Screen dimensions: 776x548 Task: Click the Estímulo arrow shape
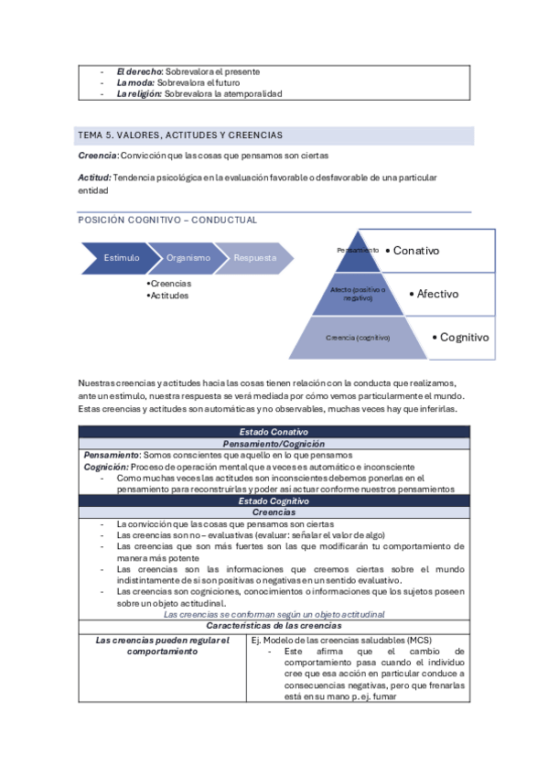[x=119, y=258]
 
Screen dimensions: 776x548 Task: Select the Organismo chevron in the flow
[x=188, y=258]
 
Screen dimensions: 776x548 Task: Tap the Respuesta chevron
[x=254, y=258]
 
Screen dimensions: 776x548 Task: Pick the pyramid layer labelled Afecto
[x=358, y=294]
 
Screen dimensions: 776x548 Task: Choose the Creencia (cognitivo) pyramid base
[x=358, y=337]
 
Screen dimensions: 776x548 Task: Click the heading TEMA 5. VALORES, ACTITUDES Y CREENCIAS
[x=180, y=135]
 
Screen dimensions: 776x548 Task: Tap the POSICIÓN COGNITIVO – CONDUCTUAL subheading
[x=167, y=221]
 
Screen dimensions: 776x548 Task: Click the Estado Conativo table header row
[x=274, y=431]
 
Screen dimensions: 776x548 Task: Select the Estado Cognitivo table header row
[x=274, y=501]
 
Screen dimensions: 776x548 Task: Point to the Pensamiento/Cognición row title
[x=274, y=443]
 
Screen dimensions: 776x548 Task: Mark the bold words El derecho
[x=139, y=71]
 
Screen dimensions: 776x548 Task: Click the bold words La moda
[x=135, y=82]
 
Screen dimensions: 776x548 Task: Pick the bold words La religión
[x=138, y=93]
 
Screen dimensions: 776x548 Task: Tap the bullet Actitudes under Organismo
[x=170, y=296]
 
